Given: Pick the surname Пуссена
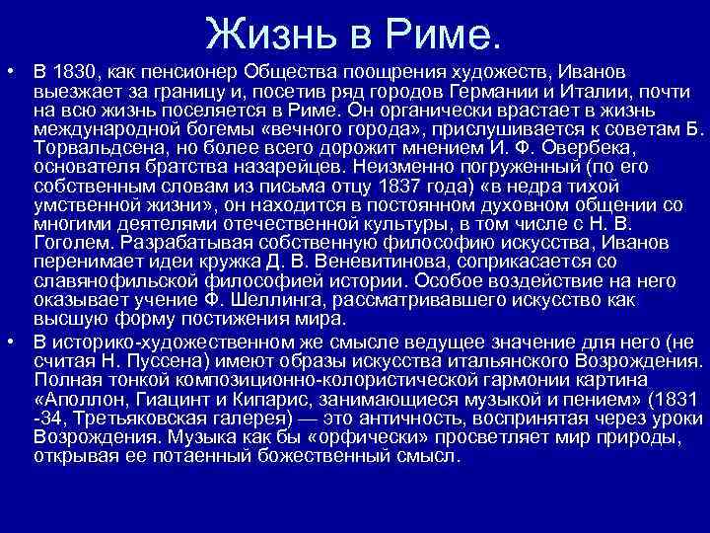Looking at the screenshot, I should pyautogui.click(x=146, y=362).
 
